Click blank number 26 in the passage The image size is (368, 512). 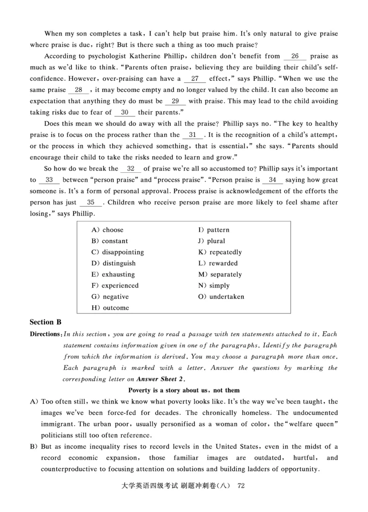(x=295, y=57)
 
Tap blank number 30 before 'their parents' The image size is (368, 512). (x=124, y=112)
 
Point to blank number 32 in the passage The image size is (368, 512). (x=131, y=169)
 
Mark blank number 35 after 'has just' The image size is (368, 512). (x=91, y=202)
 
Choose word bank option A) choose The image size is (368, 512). (x=108, y=230)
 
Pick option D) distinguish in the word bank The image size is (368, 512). (x=114, y=263)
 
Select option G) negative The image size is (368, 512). (x=110, y=297)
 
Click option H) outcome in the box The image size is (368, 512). (x=110, y=308)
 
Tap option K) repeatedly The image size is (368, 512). (x=220, y=252)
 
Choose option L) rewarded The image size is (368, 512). (x=218, y=263)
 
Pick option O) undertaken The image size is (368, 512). (x=221, y=297)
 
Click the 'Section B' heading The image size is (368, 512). (x=46, y=322)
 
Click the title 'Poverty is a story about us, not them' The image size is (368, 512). (x=184, y=390)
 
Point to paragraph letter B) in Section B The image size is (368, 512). (x=34, y=447)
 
